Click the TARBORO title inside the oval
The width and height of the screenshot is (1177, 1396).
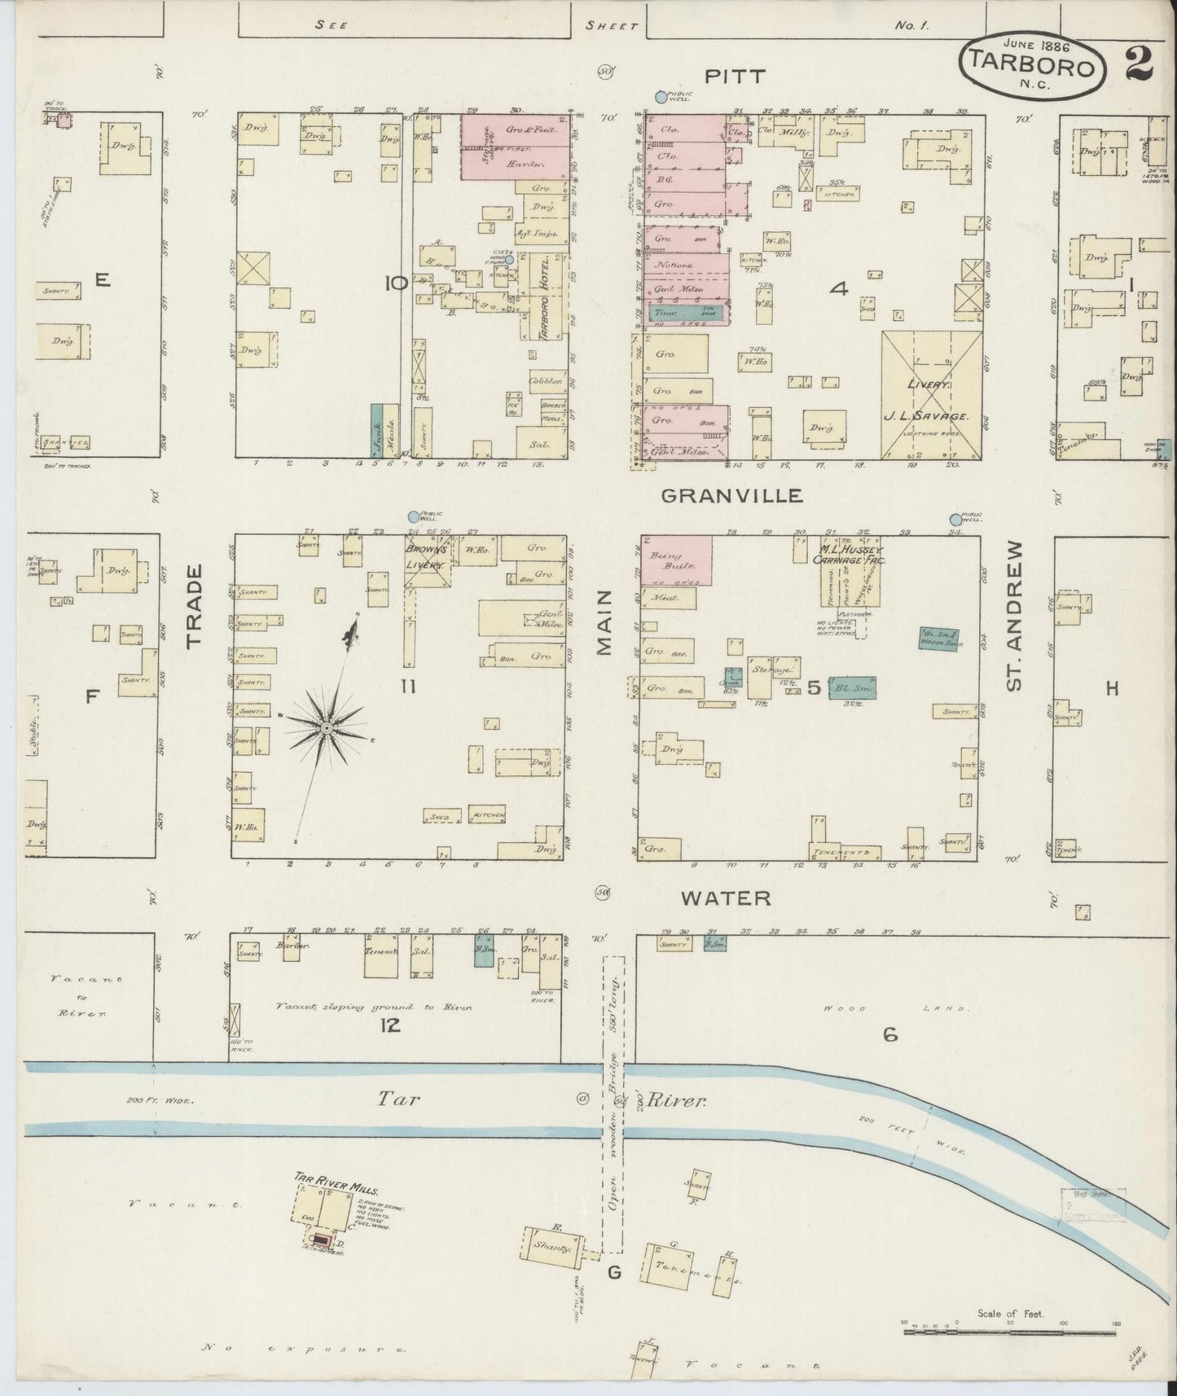1030,67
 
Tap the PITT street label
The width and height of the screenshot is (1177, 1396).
735,77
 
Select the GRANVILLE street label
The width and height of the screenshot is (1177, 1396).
731,495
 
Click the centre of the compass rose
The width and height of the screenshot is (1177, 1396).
326,727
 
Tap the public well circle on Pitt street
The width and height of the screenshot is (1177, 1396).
661,98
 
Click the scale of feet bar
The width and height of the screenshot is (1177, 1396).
1009,1332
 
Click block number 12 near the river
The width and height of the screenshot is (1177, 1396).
390,1025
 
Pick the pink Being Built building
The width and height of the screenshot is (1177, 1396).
676,560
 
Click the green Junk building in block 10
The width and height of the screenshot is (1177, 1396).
378,429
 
